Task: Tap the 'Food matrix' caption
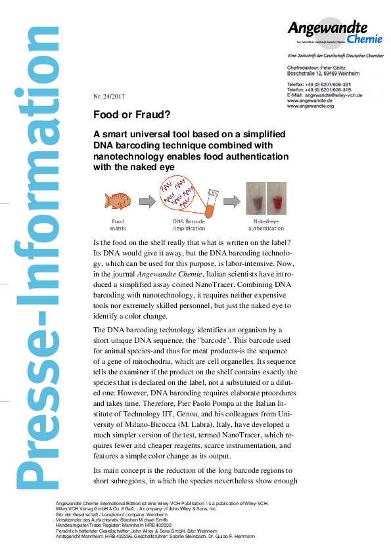click(118, 225)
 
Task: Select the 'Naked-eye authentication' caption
click(267, 225)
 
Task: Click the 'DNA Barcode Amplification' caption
click(189, 225)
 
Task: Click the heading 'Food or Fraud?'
click(132, 114)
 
